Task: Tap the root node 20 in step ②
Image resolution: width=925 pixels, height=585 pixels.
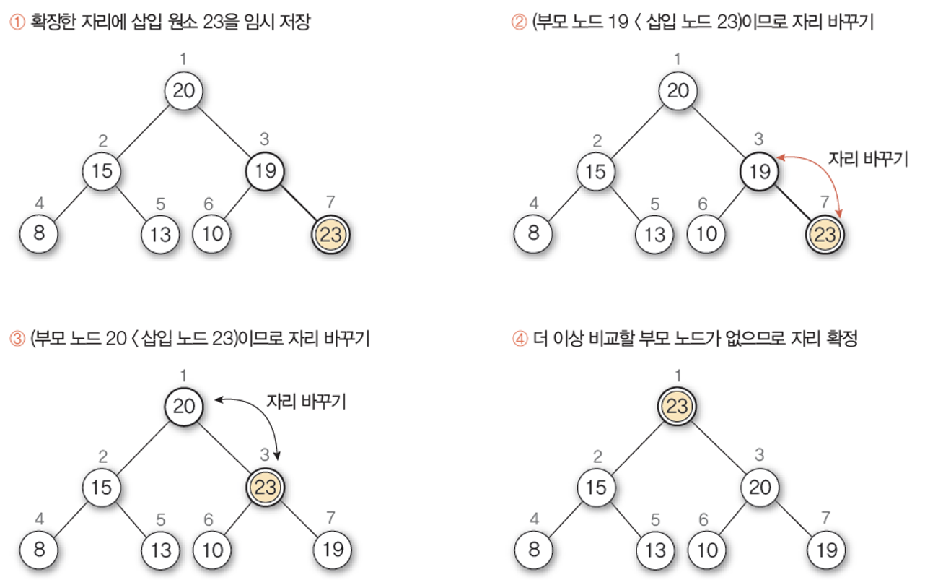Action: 677,91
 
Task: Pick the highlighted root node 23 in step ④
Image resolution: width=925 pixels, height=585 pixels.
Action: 677,407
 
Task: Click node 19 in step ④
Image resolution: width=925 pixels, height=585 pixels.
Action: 825,550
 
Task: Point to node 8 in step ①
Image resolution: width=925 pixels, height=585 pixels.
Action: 39,234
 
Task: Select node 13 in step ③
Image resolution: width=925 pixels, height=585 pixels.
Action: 161,550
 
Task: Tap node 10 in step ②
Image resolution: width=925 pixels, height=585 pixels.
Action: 707,234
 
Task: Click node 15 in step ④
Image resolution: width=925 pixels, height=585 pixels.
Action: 596,487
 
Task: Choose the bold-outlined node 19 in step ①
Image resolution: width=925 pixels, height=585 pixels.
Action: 266,171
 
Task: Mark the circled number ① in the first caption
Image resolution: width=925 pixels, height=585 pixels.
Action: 17,22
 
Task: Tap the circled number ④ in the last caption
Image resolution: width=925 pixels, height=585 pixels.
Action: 520,339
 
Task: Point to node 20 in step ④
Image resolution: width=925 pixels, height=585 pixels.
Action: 760,487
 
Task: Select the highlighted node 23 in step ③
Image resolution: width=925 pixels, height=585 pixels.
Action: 266,487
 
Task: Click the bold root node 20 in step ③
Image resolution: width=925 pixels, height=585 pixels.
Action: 183,407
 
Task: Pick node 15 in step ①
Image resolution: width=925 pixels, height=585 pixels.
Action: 102,171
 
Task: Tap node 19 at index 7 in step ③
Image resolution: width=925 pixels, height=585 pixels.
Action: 333,550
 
